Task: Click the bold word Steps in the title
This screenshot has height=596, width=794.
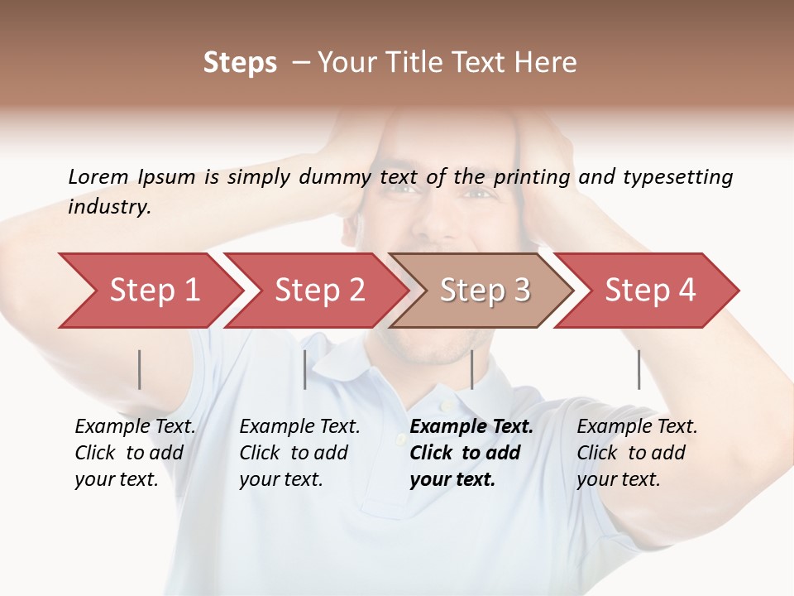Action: [240, 63]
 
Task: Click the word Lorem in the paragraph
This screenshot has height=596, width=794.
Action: [98, 176]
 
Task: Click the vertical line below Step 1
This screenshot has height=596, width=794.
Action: [140, 369]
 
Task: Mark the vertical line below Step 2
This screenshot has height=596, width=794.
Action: [305, 369]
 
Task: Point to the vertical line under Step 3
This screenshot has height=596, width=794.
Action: [471, 369]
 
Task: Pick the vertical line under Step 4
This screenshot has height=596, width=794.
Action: [639, 369]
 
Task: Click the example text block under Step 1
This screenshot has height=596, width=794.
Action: [135, 453]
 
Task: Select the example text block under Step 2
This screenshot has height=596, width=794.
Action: [299, 453]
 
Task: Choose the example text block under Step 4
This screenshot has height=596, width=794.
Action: [637, 453]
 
